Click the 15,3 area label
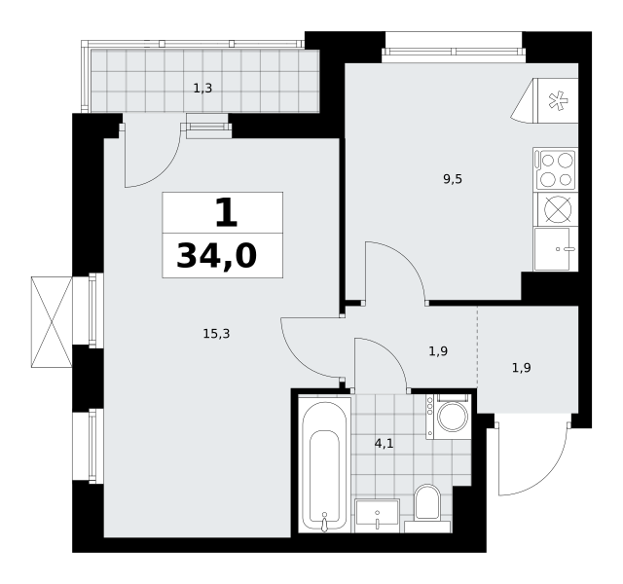pyautogui.click(x=216, y=334)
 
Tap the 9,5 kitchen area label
pyautogui.click(x=453, y=179)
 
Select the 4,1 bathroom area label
pyautogui.click(x=384, y=443)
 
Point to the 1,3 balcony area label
pyautogui.click(x=202, y=89)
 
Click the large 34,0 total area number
pyautogui.click(x=217, y=256)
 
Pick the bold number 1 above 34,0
pyautogui.click(x=226, y=212)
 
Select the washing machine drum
pyautogui.click(x=453, y=417)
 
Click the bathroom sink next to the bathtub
pyautogui.click(x=377, y=516)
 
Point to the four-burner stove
pyautogui.click(x=556, y=169)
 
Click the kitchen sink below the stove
pyautogui.click(x=556, y=249)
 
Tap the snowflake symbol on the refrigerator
pyautogui.click(x=558, y=100)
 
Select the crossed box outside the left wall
pyautogui.click(x=52, y=322)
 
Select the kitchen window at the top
pyautogui.click(x=454, y=52)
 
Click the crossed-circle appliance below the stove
pyautogui.click(x=558, y=209)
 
